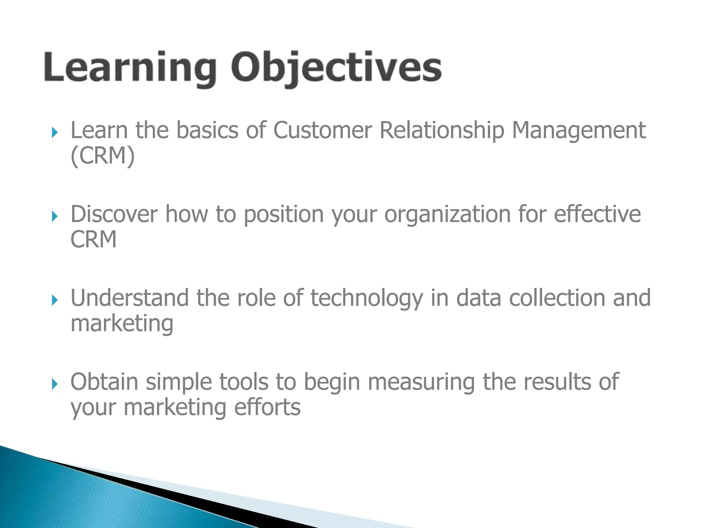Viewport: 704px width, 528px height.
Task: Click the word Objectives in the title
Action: (x=336, y=68)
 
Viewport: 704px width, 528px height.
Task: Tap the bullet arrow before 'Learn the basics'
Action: (x=54, y=132)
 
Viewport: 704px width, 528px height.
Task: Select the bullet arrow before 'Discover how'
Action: (x=54, y=216)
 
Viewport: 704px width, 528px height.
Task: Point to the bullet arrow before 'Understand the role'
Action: (x=54, y=300)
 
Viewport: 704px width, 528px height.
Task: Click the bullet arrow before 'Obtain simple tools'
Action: (x=54, y=384)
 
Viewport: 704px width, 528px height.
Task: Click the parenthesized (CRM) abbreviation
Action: (x=102, y=156)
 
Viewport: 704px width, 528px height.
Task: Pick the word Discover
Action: (x=114, y=214)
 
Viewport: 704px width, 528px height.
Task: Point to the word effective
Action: (x=597, y=214)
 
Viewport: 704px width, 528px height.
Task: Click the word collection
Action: (x=557, y=298)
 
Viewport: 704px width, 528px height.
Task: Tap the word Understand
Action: (x=129, y=298)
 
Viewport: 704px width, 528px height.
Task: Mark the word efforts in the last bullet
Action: (x=267, y=407)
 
